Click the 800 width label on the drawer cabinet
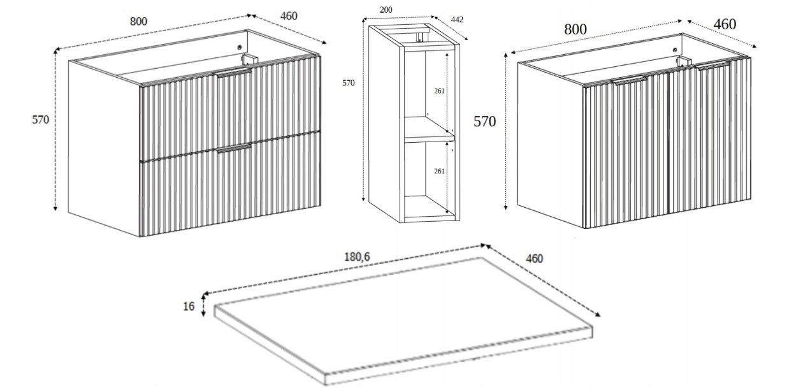[x=138, y=21]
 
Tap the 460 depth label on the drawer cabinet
[x=288, y=15]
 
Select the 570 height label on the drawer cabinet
[x=40, y=119]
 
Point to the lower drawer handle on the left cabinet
[x=234, y=148]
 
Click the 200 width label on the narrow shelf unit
[x=386, y=10]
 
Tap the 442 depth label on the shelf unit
[x=457, y=20]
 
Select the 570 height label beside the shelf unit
[x=348, y=83]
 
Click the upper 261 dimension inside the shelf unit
[x=440, y=91]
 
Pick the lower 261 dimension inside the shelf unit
[x=440, y=171]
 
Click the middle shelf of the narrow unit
[x=428, y=136]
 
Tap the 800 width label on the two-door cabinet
[x=575, y=29]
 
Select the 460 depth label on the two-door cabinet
[x=725, y=24]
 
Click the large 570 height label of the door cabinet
[x=484, y=122]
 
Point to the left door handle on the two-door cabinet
[x=630, y=80]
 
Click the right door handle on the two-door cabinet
[x=714, y=66]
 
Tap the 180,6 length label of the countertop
[x=357, y=258]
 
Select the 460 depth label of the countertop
[x=534, y=258]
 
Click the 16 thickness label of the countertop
[x=189, y=307]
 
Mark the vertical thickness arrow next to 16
[x=203, y=305]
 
